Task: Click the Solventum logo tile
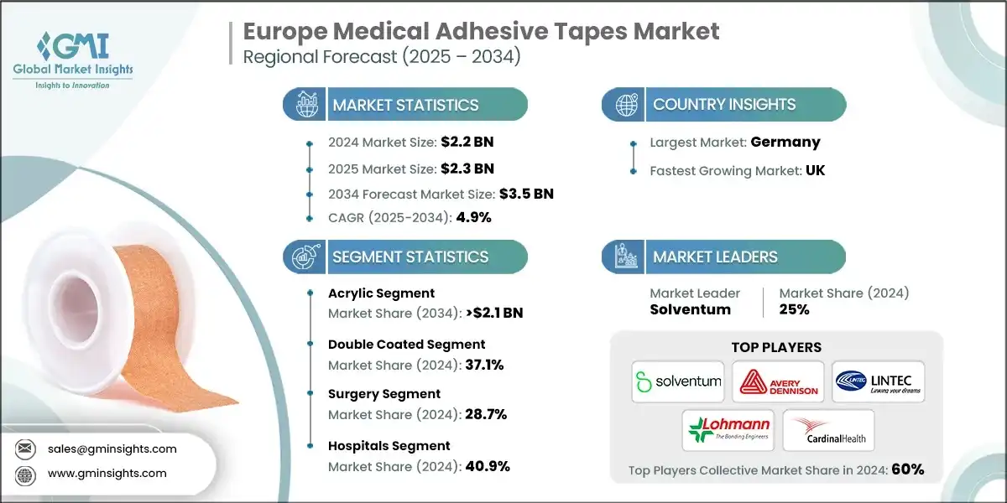(x=679, y=381)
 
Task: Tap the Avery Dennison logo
(x=777, y=381)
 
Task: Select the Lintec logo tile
(x=879, y=381)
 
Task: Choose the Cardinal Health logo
(x=828, y=429)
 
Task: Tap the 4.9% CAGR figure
(x=472, y=217)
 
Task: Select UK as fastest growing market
(x=814, y=169)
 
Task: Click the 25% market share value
(x=794, y=309)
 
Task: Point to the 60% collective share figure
(x=907, y=469)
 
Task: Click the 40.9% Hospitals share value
(x=487, y=465)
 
